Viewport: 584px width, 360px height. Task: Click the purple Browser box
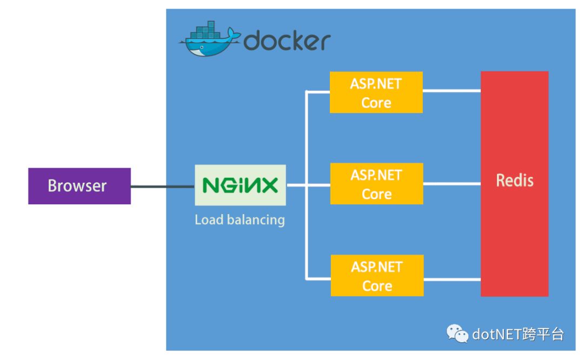tap(79, 186)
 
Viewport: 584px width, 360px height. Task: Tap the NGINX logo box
tap(240, 185)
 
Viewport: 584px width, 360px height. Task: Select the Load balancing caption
tap(240, 220)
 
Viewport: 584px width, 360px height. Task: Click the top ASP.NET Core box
tap(376, 93)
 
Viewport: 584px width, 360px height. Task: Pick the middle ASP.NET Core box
tap(376, 184)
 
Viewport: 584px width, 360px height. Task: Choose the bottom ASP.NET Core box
tap(377, 276)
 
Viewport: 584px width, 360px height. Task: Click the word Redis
tap(514, 180)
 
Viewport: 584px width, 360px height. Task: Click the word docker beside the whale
tap(287, 41)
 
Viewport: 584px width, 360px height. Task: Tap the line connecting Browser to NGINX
tap(162, 187)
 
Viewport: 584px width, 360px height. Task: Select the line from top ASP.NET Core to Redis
tap(452, 91)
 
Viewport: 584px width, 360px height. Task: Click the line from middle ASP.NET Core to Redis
tap(452, 184)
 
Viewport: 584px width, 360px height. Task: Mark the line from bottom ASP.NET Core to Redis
tap(452, 279)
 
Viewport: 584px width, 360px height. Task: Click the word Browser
tap(77, 186)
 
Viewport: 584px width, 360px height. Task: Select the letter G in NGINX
tap(223, 185)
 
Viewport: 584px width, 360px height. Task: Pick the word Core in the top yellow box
tap(376, 103)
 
